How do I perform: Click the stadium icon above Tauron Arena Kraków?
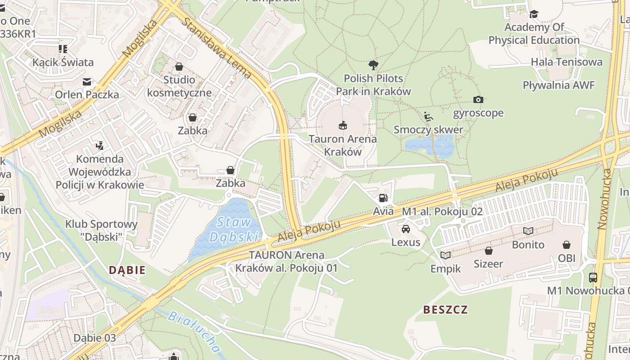tap(342, 125)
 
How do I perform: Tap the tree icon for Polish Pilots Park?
tap(373, 65)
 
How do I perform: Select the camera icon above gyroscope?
tap(478, 99)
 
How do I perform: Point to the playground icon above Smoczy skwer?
tap(428, 117)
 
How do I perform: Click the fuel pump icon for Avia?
tap(383, 198)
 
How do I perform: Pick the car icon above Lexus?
tap(406, 229)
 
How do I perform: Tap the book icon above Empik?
tap(445, 255)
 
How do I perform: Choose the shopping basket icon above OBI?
tap(567, 245)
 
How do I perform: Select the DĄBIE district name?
tap(127, 270)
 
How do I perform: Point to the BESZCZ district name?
tap(445, 310)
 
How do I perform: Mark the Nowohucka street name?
tap(604, 199)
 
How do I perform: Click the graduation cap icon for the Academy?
tap(534, 14)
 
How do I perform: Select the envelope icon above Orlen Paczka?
tap(87, 81)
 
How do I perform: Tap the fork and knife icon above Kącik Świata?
tap(63, 49)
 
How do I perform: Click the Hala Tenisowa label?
tap(566, 62)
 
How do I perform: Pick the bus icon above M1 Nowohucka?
tap(593, 277)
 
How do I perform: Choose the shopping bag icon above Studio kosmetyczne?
tap(179, 67)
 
